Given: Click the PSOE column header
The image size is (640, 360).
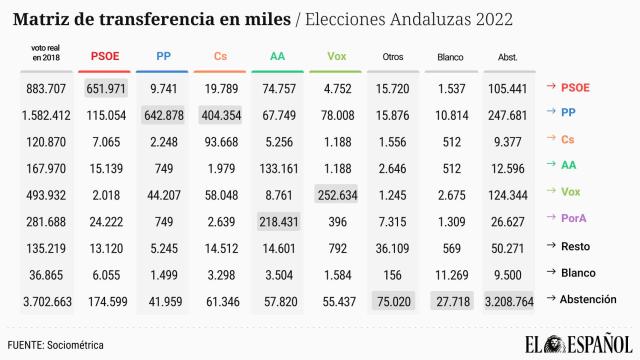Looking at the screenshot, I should tap(105, 58).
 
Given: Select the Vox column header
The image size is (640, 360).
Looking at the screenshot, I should tap(336, 58).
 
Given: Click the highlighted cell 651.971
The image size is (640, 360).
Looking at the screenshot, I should tap(105, 88).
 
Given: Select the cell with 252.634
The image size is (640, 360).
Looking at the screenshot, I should tap(336, 193).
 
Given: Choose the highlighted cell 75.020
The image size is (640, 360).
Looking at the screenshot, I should tap(393, 298).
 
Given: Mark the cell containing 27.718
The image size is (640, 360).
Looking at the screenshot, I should tap(450, 298).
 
